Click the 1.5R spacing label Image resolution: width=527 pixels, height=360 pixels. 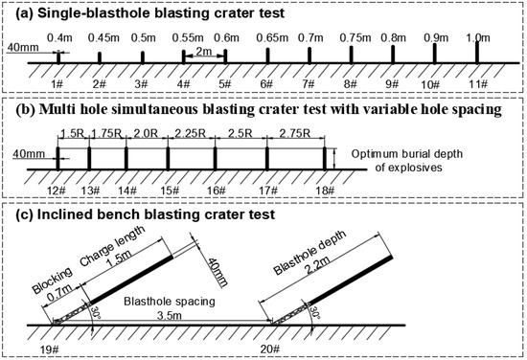click(72, 135)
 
